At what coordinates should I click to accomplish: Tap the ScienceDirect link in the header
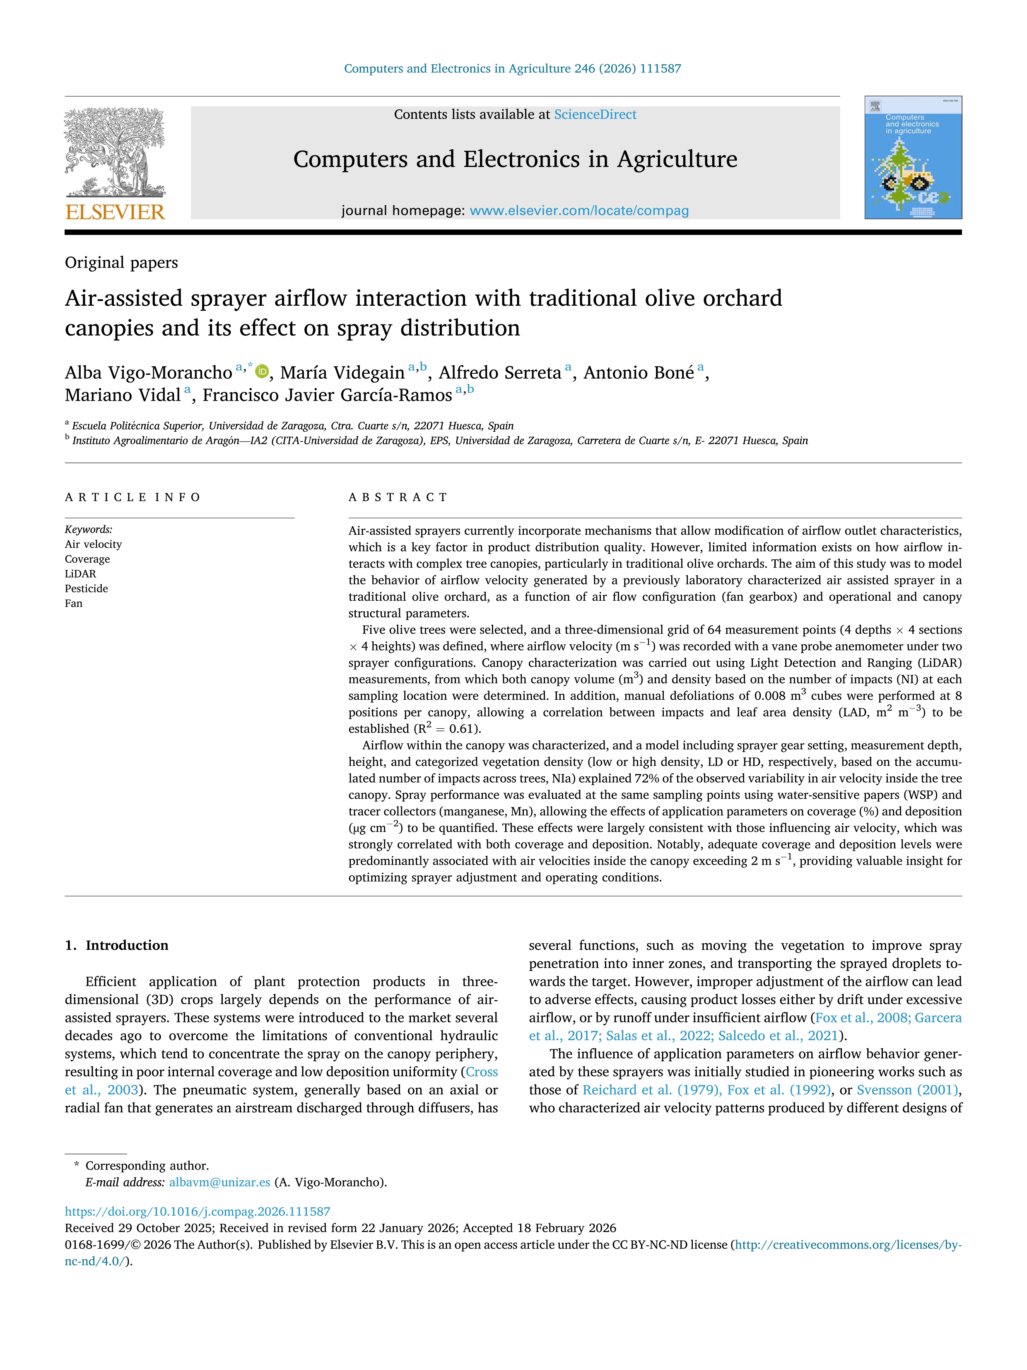(595, 115)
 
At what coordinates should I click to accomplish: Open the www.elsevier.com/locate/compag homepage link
(579, 210)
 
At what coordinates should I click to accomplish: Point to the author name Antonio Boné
(638, 373)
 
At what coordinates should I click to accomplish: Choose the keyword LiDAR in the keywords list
(80, 573)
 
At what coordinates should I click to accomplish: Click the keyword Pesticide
(86, 588)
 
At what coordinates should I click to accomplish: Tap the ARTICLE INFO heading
(133, 498)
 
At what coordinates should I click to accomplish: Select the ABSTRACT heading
(398, 498)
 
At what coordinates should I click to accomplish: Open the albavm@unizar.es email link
(219, 1182)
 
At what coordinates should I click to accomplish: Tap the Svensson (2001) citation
(907, 1090)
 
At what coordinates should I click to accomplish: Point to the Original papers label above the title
(121, 263)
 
